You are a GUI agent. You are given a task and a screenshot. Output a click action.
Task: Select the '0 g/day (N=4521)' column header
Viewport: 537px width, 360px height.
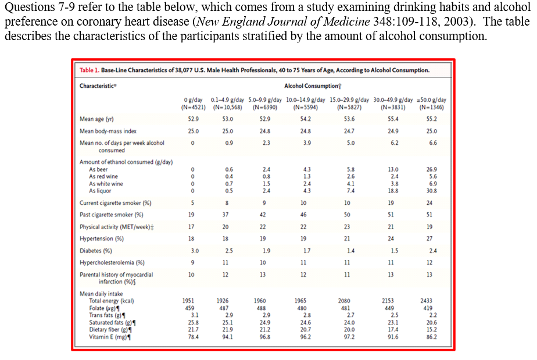(192, 104)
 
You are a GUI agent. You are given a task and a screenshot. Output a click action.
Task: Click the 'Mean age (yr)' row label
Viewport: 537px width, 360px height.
(96, 119)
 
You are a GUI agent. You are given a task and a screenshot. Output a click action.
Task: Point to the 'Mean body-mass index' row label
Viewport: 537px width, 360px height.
(108, 131)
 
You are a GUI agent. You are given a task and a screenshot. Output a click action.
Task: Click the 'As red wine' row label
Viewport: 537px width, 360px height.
(103, 176)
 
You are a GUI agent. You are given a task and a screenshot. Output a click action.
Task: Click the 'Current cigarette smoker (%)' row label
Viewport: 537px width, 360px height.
(115, 203)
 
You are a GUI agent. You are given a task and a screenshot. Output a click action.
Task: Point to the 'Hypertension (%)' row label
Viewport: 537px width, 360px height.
(102, 238)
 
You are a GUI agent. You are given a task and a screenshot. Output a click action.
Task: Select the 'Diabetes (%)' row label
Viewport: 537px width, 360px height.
(96, 251)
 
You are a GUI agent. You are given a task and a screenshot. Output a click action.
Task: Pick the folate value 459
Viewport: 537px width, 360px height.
(189, 308)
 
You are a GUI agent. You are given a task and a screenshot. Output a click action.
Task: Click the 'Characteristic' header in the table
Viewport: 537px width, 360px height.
(97, 86)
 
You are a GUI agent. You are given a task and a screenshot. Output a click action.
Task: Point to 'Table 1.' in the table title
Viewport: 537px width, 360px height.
(89, 70)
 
